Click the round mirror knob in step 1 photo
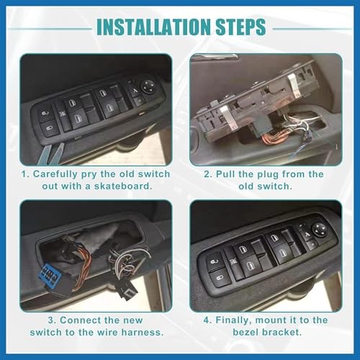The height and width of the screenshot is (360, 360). point(148,85)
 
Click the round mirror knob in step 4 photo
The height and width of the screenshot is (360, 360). point(318,230)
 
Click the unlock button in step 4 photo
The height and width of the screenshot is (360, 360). point(217,274)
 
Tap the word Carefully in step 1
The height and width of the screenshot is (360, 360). point(58,174)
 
